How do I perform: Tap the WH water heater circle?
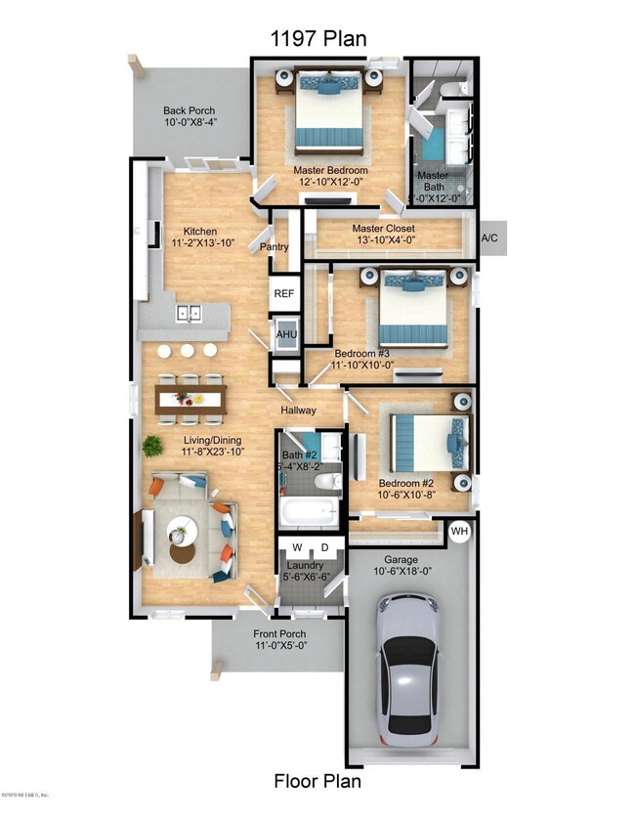point(459,532)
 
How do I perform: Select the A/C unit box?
point(490,238)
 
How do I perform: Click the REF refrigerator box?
point(284,293)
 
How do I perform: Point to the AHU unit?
point(286,333)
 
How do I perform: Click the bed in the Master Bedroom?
point(330,113)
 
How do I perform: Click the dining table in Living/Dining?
point(190,398)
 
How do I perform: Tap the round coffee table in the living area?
point(182,531)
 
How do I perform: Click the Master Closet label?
point(384,229)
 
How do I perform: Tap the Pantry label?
point(274,247)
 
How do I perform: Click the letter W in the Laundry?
point(296,546)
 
